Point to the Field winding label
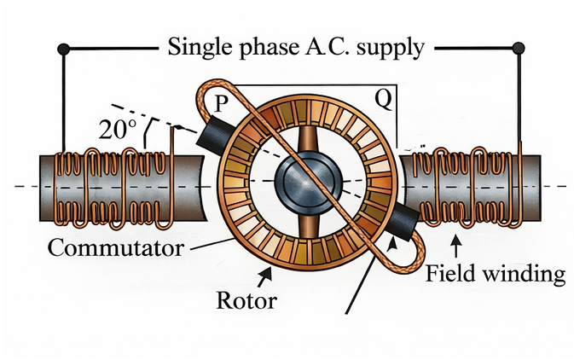[x=495, y=274]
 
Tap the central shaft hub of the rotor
[x=303, y=180]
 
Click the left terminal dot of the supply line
[x=61, y=48]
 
